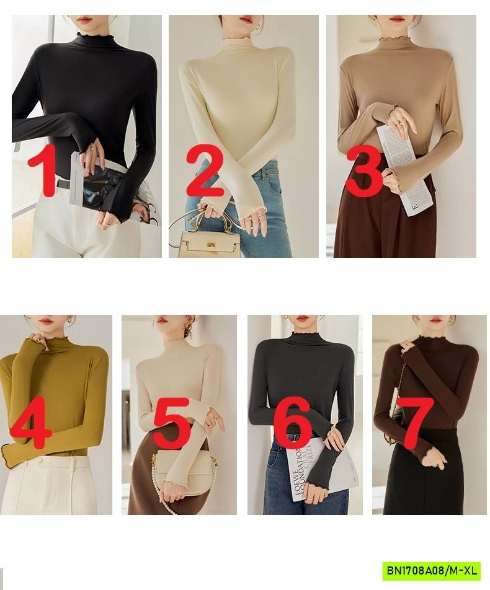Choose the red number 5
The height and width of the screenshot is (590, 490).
[x=172, y=425]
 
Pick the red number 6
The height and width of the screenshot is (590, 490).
[x=292, y=425]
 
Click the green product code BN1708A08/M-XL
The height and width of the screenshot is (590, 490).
[x=431, y=570]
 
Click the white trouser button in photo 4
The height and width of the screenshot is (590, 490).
[x=41, y=462]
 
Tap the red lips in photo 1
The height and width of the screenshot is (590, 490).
[x=86, y=20]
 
